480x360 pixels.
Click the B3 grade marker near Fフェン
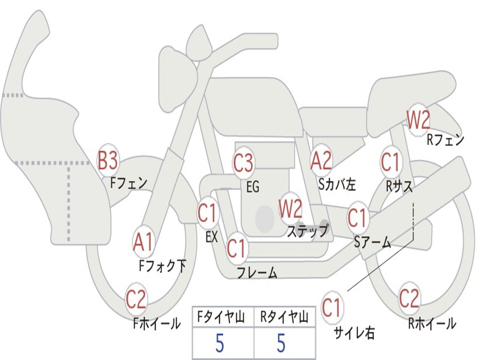[107, 162]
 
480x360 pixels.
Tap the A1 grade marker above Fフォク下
[143, 242]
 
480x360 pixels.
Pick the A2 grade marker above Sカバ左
[322, 161]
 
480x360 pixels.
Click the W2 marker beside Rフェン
[418, 120]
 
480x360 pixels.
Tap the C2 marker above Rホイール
[409, 298]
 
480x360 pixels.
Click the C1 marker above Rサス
[390, 162]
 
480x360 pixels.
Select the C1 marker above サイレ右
[332, 308]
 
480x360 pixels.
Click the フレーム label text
[257, 273]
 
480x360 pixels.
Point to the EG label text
[253, 187]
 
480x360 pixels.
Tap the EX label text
[212, 237]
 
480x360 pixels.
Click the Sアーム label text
[372, 242]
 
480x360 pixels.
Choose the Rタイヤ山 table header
[284, 319]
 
